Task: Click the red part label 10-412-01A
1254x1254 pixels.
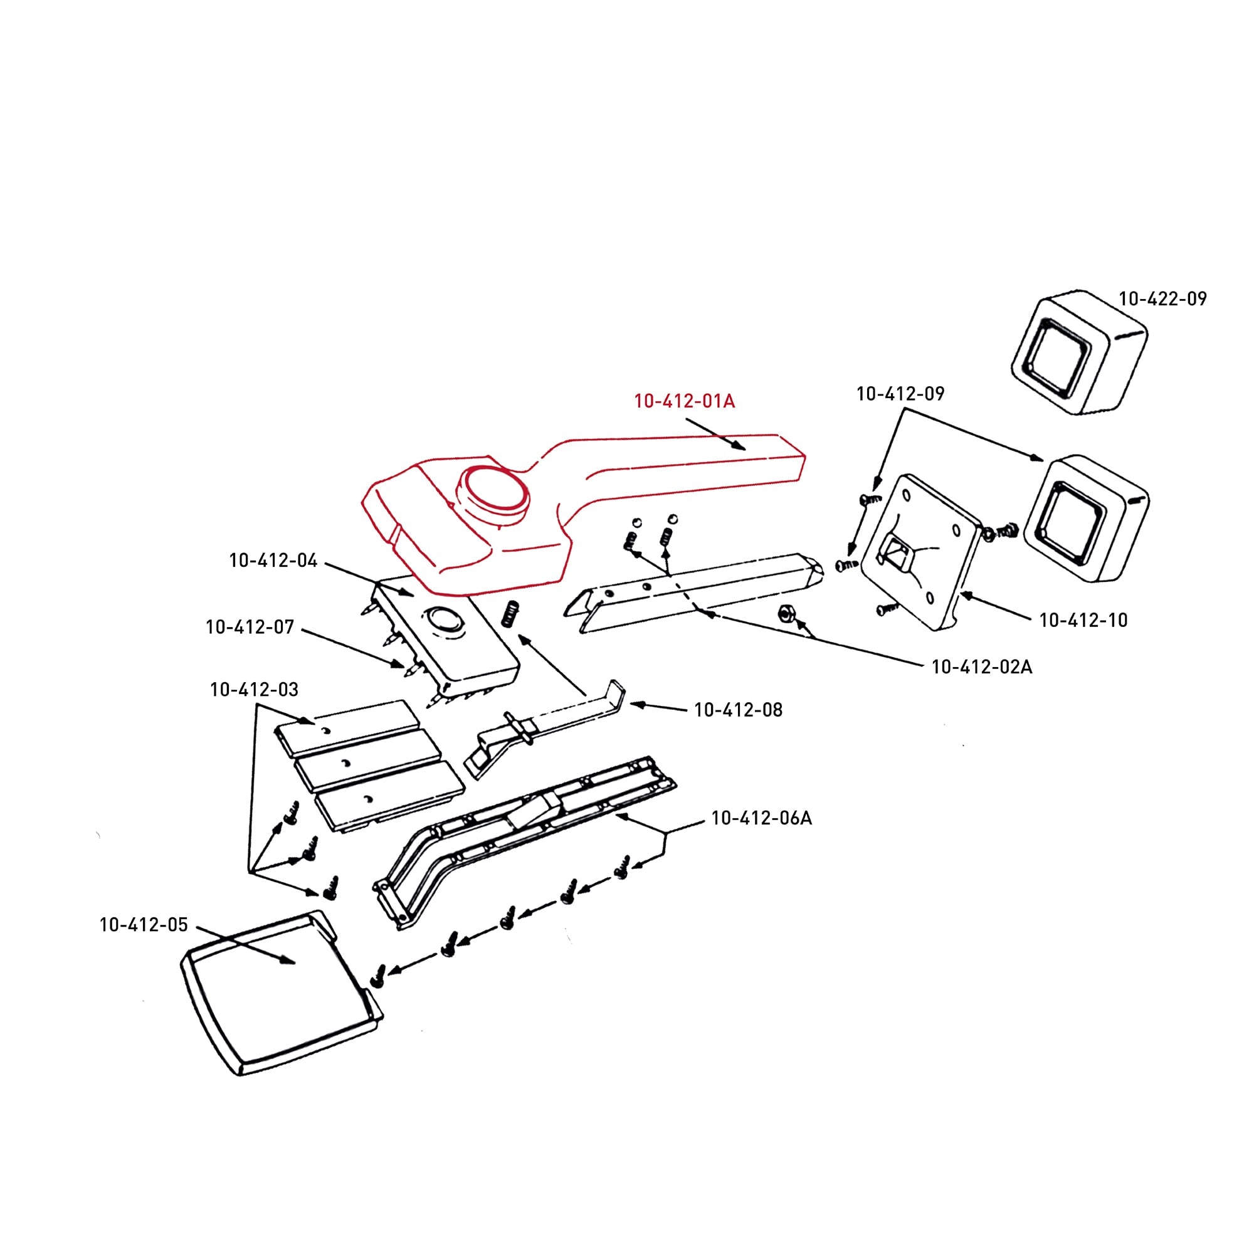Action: click(684, 401)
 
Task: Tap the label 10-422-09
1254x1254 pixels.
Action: click(1162, 298)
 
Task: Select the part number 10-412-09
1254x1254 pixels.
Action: click(900, 393)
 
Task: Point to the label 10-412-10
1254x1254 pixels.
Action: click(1083, 620)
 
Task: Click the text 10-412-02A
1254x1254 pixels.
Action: click(981, 667)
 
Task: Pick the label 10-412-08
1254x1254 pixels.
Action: click(738, 709)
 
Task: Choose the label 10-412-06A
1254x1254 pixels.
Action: click(761, 818)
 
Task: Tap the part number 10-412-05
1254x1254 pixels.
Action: click(144, 924)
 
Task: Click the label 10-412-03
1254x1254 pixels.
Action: click(254, 689)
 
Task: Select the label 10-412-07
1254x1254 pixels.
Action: click(250, 627)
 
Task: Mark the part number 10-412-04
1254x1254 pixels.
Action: click(273, 560)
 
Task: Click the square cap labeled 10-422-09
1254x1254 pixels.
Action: click(1078, 352)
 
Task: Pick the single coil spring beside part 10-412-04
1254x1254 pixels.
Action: click(512, 614)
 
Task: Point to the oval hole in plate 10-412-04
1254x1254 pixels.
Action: click(443, 619)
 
